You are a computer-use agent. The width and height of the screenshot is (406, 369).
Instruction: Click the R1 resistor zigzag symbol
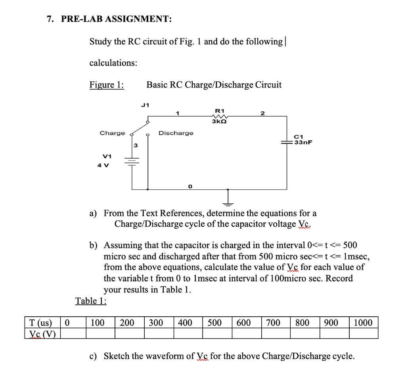click(219, 116)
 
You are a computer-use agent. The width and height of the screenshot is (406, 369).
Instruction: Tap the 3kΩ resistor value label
click(219, 122)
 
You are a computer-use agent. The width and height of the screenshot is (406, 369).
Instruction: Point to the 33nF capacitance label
click(303, 142)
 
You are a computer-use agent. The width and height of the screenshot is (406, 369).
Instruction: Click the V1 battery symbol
click(132, 162)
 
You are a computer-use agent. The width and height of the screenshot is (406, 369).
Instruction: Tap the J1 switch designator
click(145, 105)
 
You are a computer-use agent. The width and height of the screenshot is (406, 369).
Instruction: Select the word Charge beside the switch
click(112, 133)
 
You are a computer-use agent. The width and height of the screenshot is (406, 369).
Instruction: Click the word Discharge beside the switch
click(176, 133)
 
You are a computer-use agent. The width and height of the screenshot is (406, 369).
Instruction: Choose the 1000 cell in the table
click(363, 323)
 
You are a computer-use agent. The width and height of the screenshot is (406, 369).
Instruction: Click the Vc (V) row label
click(41, 334)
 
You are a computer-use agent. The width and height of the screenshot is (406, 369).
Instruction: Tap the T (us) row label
click(41, 323)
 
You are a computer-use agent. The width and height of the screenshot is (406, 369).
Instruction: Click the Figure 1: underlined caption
click(106, 85)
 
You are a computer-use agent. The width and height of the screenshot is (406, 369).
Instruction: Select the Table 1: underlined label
click(91, 301)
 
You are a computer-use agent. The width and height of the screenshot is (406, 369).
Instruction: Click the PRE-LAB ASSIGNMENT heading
click(116, 19)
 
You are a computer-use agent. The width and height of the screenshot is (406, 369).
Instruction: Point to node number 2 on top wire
click(262, 113)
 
